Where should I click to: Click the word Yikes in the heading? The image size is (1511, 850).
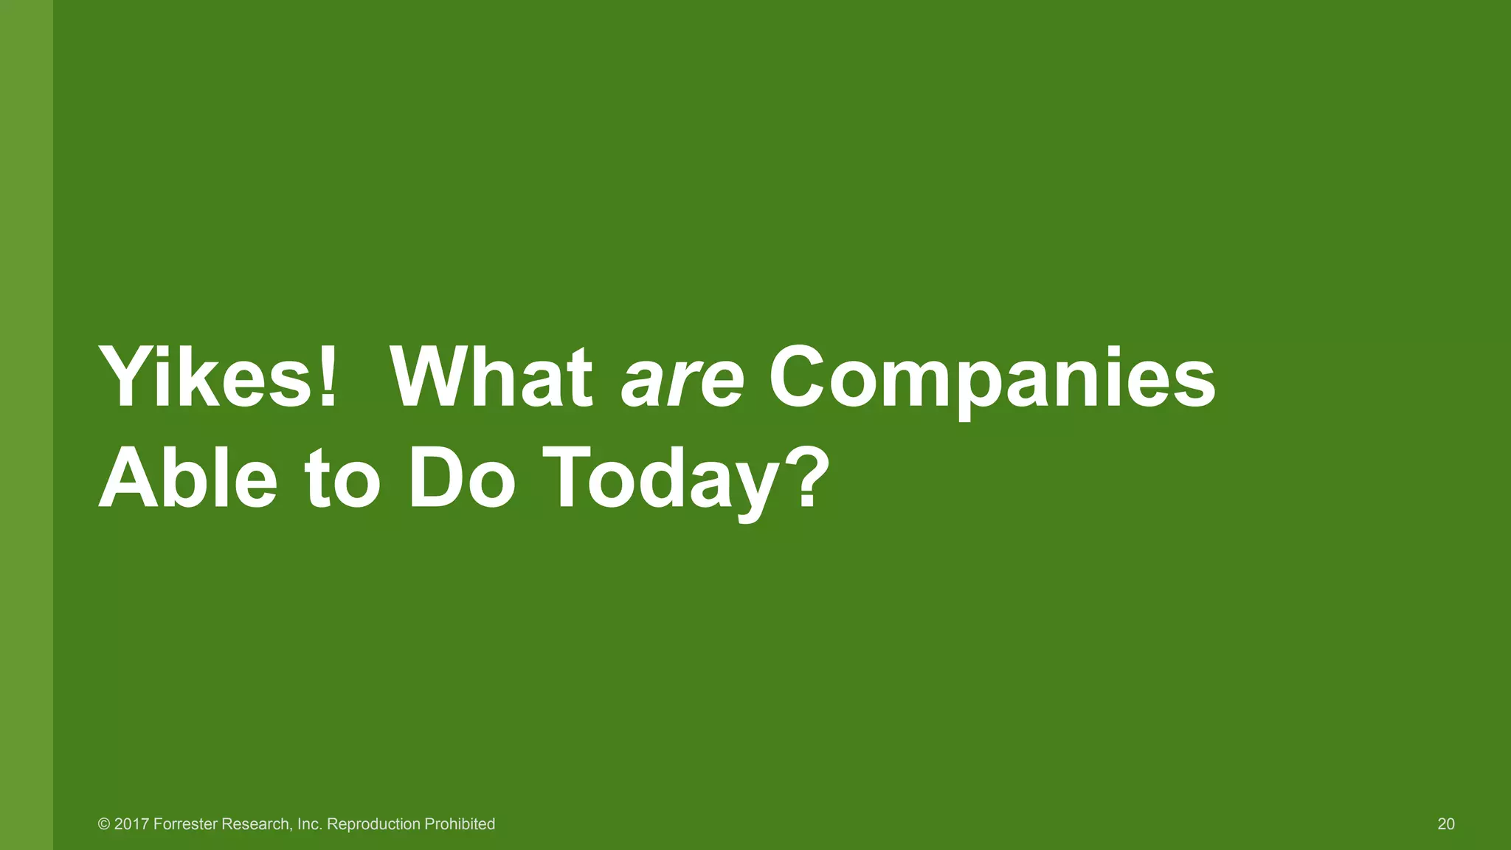click(x=207, y=378)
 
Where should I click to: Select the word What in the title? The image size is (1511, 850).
click(x=491, y=378)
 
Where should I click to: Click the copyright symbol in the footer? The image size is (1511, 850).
click(x=104, y=824)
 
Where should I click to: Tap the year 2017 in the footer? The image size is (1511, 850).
click(x=131, y=824)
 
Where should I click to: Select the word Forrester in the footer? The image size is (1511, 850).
click(x=185, y=824)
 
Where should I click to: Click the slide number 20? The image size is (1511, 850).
click(x=1446, y=824)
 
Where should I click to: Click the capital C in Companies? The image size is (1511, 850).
click(x=801, y=378)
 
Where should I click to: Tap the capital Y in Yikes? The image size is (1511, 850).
click(x=125, y=378)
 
